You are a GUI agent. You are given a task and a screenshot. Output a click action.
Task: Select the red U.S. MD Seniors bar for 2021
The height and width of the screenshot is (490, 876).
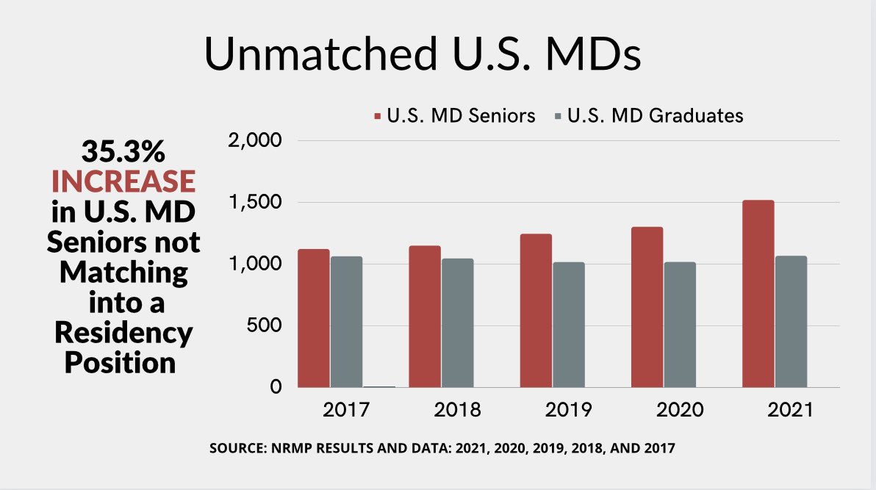(x=758, y=294)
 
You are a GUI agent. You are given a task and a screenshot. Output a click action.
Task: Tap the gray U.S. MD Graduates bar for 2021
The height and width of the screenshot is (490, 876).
(x=791, y=322)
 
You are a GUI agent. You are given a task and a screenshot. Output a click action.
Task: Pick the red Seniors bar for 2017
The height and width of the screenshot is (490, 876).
(x=314, y=318)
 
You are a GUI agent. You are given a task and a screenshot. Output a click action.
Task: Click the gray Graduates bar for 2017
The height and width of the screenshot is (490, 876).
(x=346, y=322)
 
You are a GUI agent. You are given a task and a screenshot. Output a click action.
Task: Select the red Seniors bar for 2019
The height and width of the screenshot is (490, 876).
(x=536, y=311)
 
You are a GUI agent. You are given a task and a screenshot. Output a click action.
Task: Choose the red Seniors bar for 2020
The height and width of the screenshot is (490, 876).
(x=647, y=307)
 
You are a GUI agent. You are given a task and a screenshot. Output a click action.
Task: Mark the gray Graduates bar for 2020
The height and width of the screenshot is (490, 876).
(x=680, y=325)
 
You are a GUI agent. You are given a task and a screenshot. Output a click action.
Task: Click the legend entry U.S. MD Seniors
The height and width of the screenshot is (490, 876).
(x=455, y=116)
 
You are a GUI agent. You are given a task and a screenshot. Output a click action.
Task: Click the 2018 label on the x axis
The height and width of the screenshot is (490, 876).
(x=457, y=410)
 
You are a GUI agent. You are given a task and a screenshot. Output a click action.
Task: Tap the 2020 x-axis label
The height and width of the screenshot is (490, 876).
(x=680, y=410)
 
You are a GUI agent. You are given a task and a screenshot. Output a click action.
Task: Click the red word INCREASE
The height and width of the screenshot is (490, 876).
(x=123, y=181)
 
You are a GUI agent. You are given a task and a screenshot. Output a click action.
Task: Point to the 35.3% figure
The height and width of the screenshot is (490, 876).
(x=123, y=153)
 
